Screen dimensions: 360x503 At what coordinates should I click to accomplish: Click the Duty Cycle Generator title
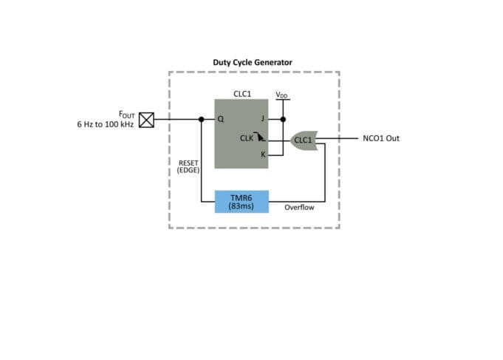coord(253,62)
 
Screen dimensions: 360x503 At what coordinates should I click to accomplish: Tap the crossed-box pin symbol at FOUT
coord(147,120)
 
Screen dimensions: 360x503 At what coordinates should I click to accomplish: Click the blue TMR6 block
coord(241,201)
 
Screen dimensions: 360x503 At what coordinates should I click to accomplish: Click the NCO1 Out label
coord(381,138)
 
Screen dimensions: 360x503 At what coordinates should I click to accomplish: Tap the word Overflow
coord(299,208)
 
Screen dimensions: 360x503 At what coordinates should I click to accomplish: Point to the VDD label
coord(282,95)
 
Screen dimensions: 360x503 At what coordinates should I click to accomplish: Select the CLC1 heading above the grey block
coord(241,94)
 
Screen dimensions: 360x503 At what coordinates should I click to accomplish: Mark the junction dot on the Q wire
coord(201,120)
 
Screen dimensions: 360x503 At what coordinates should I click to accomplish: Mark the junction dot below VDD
coord(282,120)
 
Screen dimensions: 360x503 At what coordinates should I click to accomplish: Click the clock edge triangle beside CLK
coord(260,137)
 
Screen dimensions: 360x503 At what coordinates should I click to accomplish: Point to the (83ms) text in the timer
coord(241,206)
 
